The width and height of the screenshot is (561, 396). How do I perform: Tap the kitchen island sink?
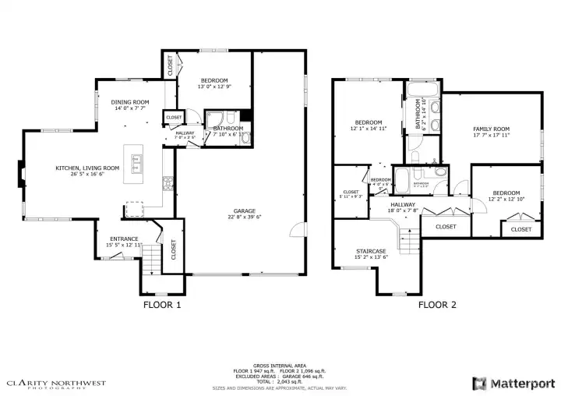coord(136,164)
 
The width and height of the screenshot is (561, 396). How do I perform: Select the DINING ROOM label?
coord(130,102)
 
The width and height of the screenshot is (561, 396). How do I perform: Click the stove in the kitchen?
coord(167,184)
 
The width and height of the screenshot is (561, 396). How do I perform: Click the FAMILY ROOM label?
coord(491,129)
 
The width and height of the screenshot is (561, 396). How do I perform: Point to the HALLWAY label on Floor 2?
coord(403,204)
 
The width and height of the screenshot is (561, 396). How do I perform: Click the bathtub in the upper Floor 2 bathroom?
coord(411,105)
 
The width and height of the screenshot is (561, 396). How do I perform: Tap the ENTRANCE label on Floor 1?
coord(124,239)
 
